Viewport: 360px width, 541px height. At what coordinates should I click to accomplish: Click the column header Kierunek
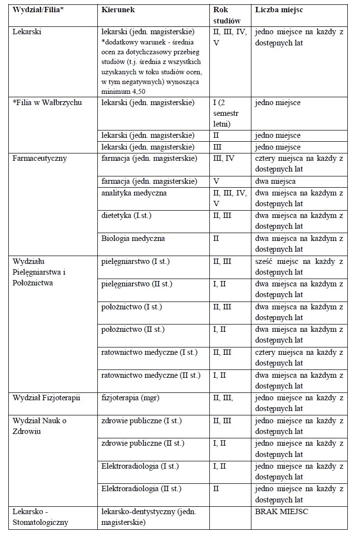(118, 10)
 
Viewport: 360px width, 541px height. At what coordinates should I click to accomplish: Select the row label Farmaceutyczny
(40, 158)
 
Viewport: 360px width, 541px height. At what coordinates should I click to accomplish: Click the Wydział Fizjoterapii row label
(46, 398)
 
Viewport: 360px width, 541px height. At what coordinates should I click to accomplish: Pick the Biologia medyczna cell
(133, 238)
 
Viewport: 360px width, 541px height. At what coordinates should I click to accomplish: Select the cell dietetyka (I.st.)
(126, 216)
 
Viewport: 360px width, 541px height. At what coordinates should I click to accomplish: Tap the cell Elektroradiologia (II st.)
(141, 488)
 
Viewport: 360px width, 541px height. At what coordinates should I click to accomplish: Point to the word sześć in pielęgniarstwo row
(264, 261)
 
